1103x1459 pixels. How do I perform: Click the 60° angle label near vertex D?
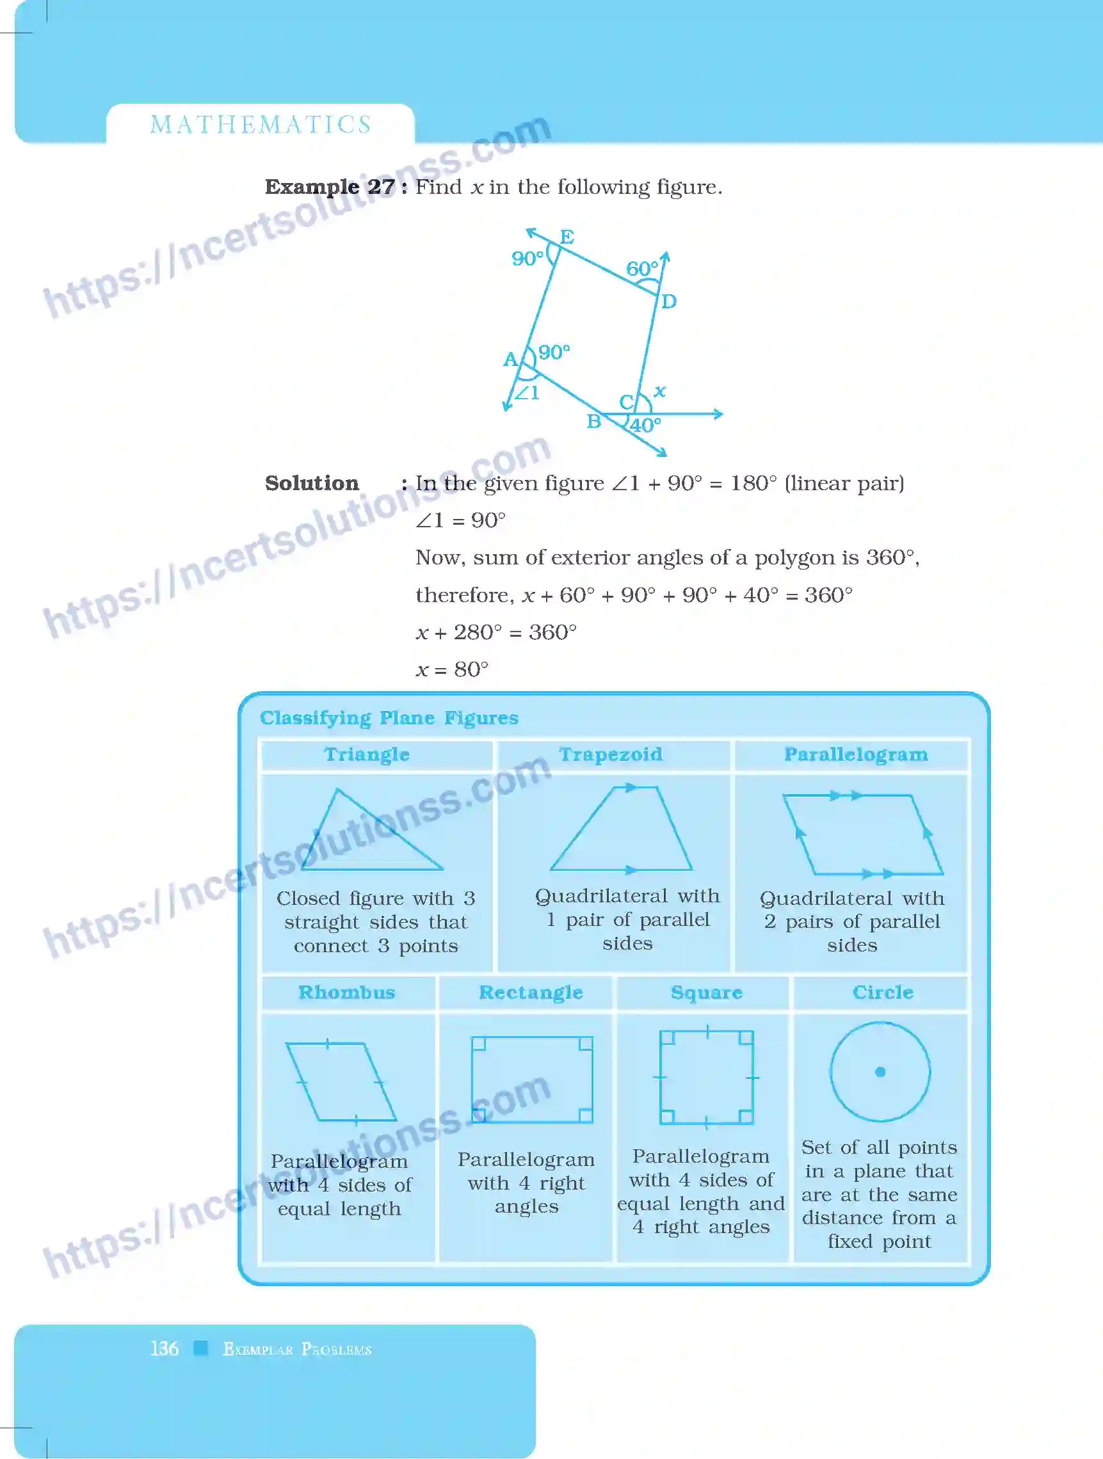pos(641,269)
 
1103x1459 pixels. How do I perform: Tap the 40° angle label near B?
pos(645,426)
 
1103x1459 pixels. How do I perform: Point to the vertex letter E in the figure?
pos(567,236)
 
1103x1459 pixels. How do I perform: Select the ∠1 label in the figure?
pos(527,393)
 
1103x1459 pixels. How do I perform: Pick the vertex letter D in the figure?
pos(668,301)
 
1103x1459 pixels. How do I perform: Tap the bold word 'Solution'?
pos(311,483)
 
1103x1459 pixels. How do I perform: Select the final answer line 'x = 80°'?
pos(452,669)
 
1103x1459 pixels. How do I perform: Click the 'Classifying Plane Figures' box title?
pos(389,717)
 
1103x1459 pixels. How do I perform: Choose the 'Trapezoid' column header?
pos(610,754)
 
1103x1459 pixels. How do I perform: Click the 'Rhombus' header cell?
pos(346,992)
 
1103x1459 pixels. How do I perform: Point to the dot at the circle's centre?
pos(880,1072)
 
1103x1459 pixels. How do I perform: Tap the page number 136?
pos(165,1348)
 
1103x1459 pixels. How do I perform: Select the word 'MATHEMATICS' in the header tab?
pos(261,125)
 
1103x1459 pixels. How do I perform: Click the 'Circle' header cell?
pos(882,992)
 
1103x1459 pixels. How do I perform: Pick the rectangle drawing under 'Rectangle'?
pos(532,1079)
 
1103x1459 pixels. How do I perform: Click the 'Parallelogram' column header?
pos(855,754)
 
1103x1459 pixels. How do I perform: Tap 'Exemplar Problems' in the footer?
pos(297,1349)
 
